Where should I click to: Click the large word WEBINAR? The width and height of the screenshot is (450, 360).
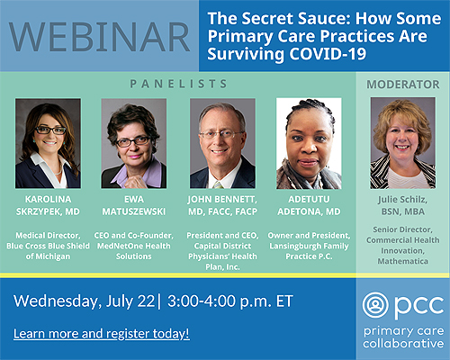99,37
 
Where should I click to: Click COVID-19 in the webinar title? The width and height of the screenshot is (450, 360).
328,54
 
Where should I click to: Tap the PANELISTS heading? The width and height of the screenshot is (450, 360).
178,84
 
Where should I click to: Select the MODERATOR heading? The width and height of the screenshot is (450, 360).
403,85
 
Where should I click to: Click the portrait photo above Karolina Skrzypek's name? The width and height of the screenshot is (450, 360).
48,143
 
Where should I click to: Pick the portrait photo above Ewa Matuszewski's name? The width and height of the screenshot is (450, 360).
134,143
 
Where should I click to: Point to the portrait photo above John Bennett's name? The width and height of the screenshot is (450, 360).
222,143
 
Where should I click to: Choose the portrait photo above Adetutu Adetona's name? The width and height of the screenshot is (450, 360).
309,143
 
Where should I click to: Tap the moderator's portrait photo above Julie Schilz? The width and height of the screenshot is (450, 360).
403,143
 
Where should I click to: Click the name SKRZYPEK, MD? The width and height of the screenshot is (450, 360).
48,211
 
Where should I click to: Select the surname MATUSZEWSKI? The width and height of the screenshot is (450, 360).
134,211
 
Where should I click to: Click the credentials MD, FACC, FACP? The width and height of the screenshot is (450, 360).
222,211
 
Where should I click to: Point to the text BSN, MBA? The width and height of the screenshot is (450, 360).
403,211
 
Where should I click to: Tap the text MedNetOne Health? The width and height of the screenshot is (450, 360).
134,246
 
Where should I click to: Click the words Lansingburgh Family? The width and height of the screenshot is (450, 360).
309,247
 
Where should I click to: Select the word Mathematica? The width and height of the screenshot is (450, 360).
403,261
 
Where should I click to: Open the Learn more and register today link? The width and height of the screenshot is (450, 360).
102,334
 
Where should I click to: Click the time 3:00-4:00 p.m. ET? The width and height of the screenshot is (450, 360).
230,301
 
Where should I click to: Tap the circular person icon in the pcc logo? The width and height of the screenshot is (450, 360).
375,305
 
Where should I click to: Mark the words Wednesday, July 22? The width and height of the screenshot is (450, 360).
84,301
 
